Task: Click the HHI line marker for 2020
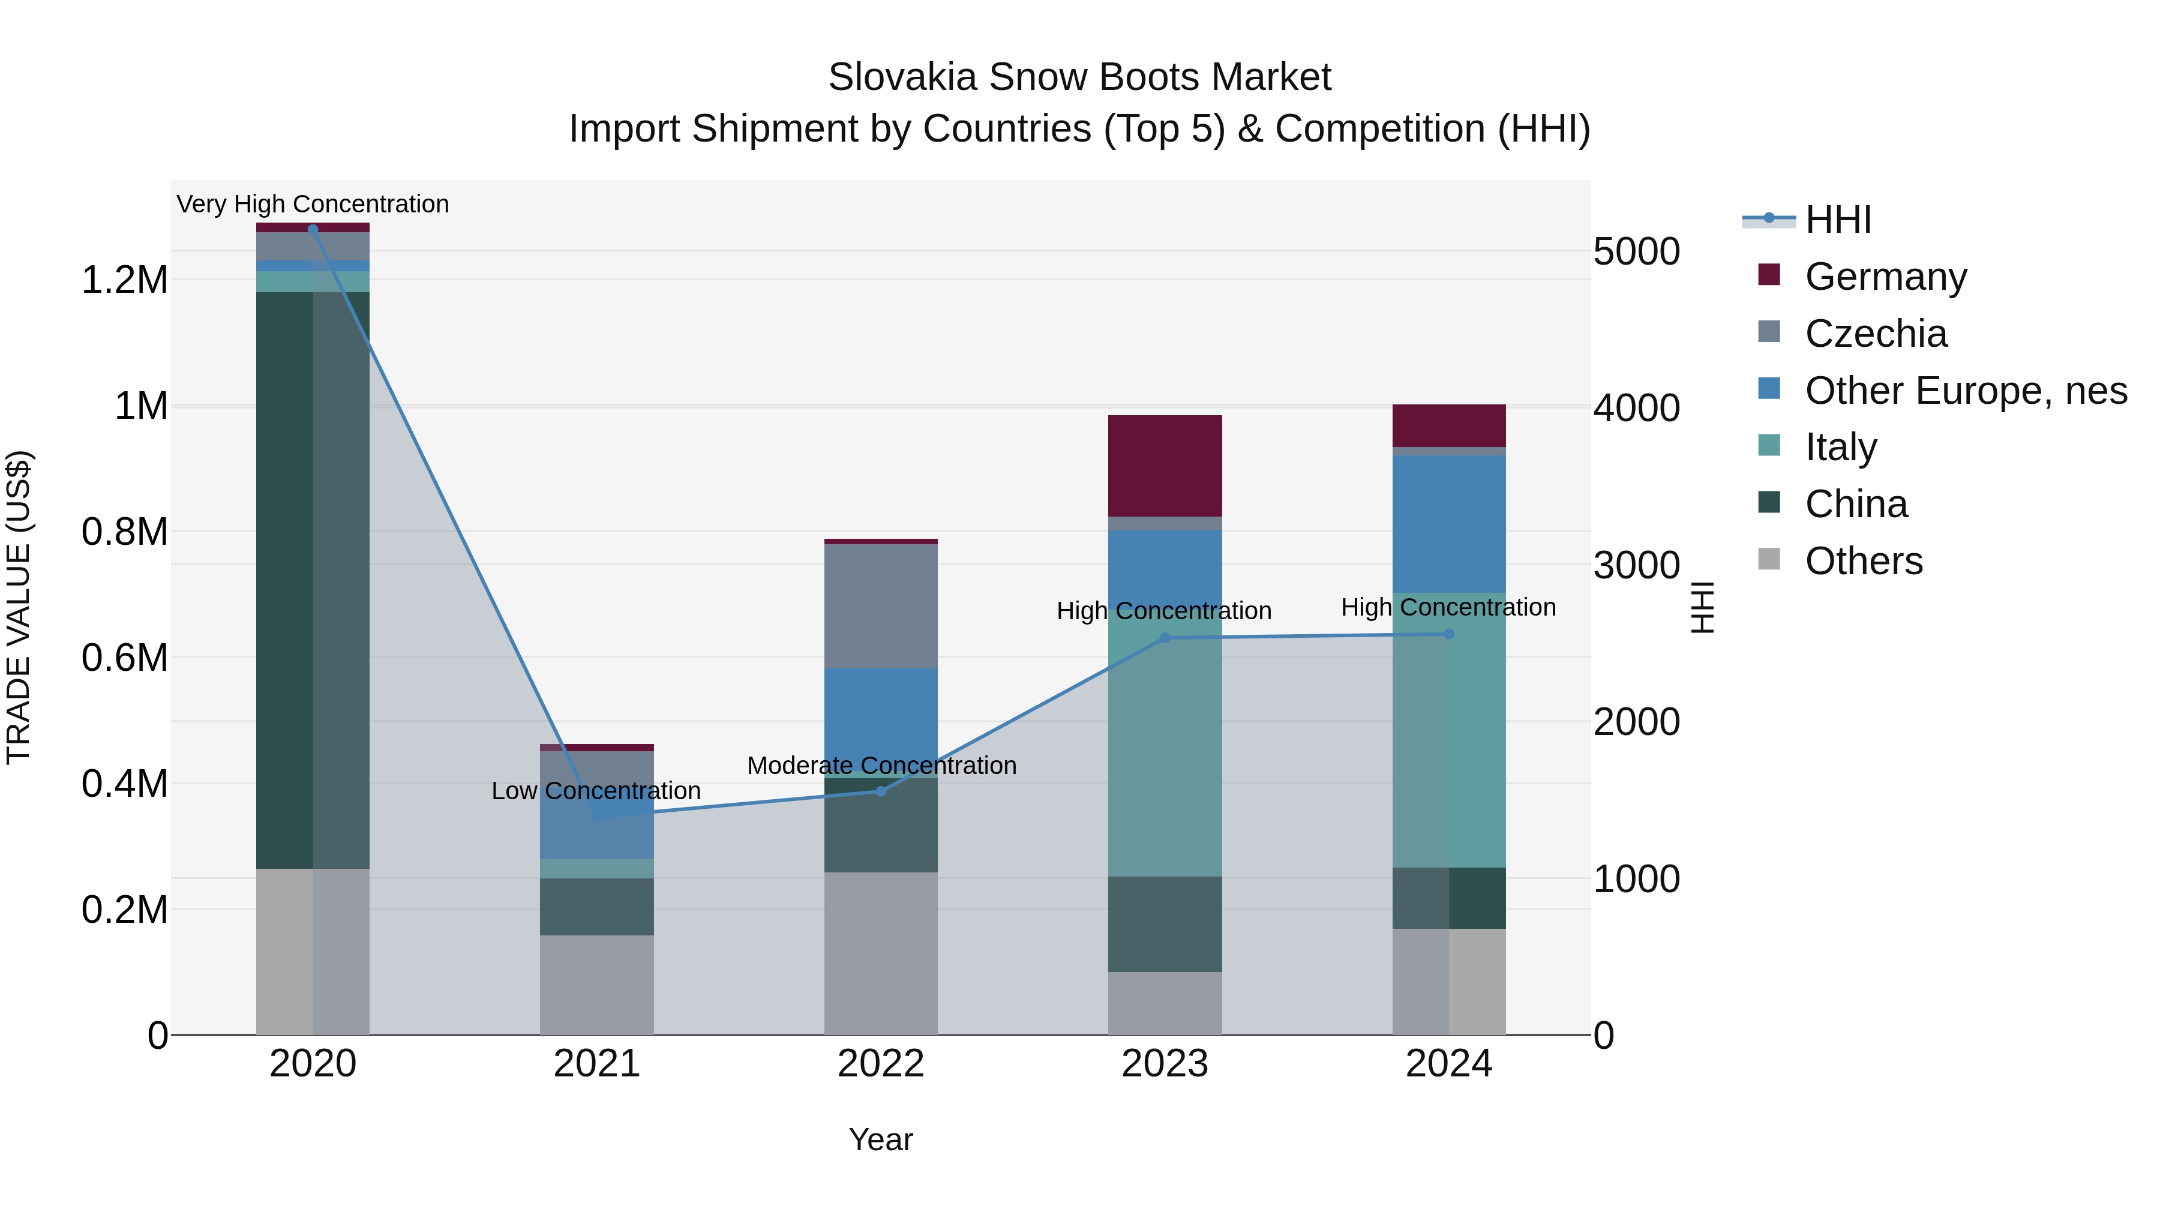tap(313, 229)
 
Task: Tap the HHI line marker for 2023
tap(1164, 638)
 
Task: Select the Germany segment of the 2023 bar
tap(1164, 466)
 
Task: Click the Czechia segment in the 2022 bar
tap(880, 606)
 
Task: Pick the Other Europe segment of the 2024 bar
tap(1448, 524)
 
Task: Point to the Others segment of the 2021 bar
tap(596, 985)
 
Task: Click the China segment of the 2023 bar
tap(1164, 924)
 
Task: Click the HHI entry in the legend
tap(1837, 220)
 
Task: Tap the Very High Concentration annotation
tap(313, 204)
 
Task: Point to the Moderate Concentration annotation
tap(881, 766)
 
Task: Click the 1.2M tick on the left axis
tap(125, 280)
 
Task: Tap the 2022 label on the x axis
tap(880, 1064)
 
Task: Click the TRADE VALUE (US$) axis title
tap(19, 607)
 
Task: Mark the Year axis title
tap(880, 1139)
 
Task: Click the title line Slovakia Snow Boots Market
tap(1079, 77)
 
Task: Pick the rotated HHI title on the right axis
tap(1702, 607)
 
